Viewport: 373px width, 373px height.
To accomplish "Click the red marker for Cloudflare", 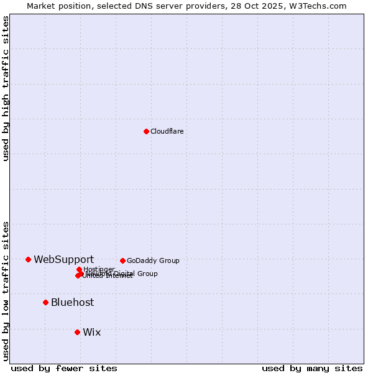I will coord(146,131).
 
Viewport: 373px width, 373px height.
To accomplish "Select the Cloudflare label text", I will coord(167,131).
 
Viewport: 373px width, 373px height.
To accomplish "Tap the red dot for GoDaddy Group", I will coord(122,260).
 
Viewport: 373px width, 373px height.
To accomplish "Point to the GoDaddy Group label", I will coord(153,260).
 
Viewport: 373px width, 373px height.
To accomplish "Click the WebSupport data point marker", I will coord(28,259).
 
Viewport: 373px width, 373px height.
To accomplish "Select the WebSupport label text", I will coord(63,259).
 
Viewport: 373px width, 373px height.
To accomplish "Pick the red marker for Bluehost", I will coord(45,302).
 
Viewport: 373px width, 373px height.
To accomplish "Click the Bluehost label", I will coord(72,302).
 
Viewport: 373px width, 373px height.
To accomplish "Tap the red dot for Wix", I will coord(77,332).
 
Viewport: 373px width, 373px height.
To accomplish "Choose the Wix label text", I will coord(91,332).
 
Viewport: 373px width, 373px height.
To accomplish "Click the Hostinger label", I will coord(99,269).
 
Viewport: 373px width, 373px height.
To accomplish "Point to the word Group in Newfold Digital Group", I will coord(147,274).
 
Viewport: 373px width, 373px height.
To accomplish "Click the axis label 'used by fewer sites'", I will coord(64,368).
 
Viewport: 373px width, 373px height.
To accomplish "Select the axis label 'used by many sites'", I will coord(312,368).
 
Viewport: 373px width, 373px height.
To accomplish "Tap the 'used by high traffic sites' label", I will coord(6,88).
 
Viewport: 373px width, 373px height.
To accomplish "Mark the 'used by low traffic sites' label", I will coord(6,291).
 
